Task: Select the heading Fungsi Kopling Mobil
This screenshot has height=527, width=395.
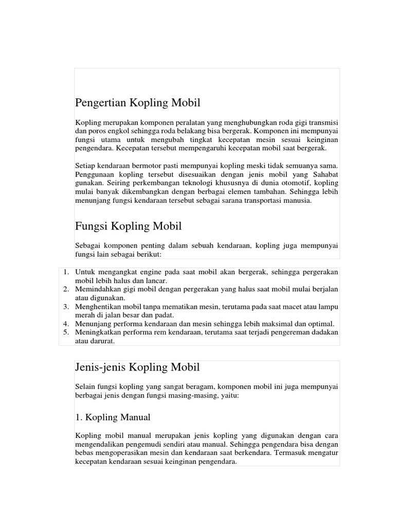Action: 128,226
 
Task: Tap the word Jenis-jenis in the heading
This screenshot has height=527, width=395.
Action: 97,368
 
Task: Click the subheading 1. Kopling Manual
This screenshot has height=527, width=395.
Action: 113,417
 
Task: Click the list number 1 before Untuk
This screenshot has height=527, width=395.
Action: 66,271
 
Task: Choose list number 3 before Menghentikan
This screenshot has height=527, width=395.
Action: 66,306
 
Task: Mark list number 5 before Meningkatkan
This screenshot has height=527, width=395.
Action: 66,332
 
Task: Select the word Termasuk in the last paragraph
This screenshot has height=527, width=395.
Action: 293,453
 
